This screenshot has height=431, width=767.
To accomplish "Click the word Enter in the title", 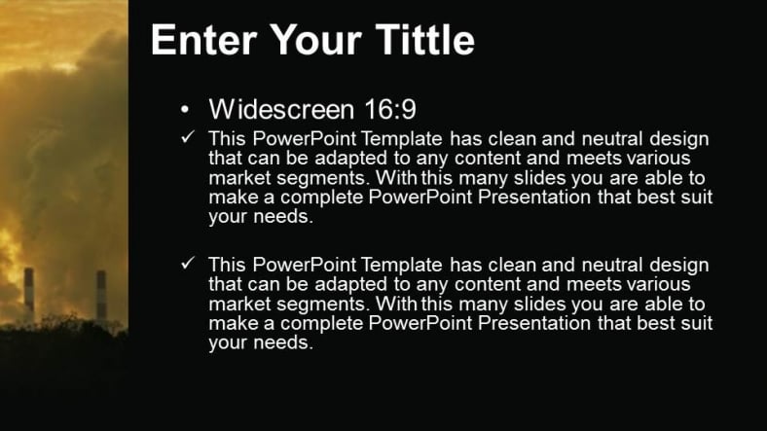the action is (x=203, y=40).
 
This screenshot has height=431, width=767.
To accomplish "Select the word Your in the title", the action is (x=316, y=40).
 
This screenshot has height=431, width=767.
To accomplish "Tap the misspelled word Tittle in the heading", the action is (x=425, y=39).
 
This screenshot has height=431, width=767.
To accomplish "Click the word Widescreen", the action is (x=281, y=109).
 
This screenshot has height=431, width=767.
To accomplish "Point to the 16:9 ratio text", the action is (x=390, y=109).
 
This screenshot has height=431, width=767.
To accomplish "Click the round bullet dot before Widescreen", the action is (x=184, y=110).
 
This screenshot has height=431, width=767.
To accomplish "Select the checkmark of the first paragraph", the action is (x=188, y=137).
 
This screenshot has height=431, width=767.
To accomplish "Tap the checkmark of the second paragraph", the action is (x=188, y=263).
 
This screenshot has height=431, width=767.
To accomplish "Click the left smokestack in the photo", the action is (x=29, y=295).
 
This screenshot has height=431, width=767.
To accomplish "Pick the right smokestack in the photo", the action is (x=101, y=295).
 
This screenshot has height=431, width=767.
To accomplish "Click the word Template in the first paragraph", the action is (x=402, y=139).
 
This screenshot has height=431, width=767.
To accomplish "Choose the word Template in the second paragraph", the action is (x=402, y=266).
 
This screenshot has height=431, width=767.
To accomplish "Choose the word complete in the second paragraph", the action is (x=322, y=324).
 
